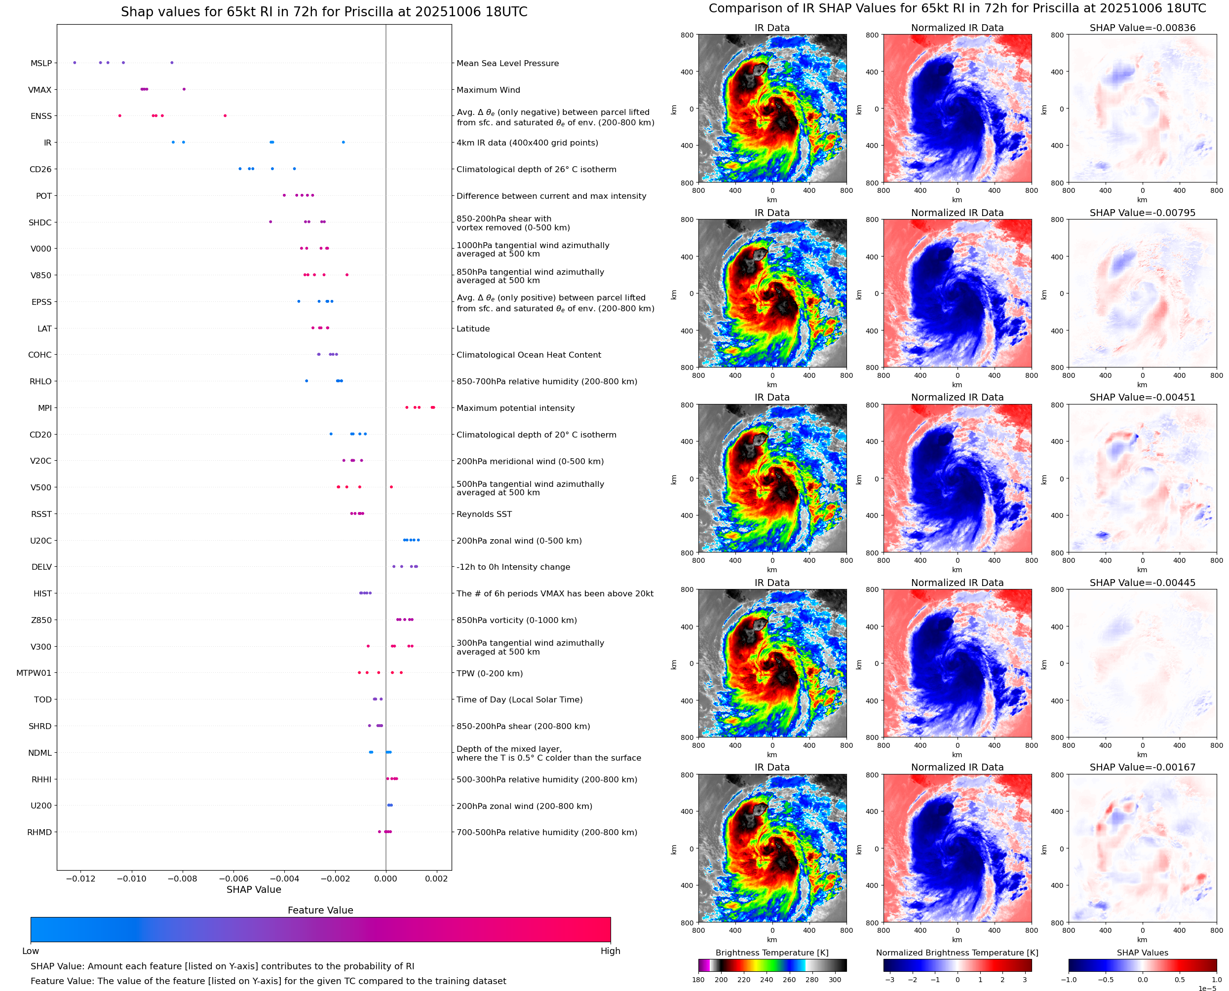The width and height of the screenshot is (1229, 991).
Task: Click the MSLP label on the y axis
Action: (40, 63)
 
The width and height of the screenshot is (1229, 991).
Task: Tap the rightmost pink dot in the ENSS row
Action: (225, 116)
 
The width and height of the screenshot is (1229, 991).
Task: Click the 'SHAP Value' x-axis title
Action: (254, 889)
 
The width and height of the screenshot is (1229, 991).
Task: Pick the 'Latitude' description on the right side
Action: (473, 329)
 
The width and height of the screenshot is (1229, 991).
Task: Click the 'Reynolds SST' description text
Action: (484, 514)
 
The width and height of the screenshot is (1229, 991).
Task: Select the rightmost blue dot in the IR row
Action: (343, 142)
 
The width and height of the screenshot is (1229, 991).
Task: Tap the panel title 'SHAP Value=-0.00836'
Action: (1142, 28)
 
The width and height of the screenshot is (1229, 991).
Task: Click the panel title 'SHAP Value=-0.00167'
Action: (1142, 767)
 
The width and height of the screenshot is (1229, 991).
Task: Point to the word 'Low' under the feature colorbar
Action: (30, 951)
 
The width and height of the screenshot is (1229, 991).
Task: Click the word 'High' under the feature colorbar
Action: (610, 951)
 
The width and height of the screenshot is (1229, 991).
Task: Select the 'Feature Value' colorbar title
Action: (320, 911)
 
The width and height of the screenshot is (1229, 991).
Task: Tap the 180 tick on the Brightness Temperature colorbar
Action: (698, 980)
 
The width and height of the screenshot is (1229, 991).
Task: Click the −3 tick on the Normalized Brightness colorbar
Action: (889, 980)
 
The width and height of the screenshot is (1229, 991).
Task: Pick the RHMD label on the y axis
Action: (39, 832)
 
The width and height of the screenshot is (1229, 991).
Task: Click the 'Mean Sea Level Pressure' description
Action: (507, 63)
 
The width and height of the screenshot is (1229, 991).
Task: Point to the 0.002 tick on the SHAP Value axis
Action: (436, 879)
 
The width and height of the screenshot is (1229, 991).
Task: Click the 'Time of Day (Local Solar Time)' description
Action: (519, 700)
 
